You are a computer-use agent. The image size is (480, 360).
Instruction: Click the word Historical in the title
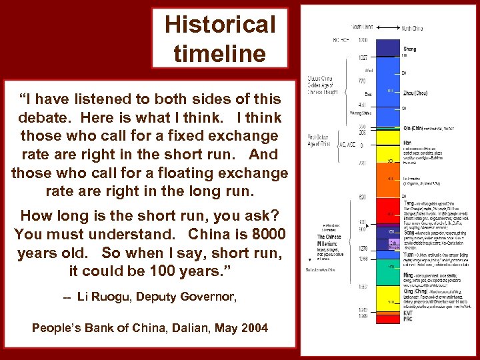219,25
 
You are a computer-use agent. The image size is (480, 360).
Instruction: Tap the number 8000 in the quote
264,235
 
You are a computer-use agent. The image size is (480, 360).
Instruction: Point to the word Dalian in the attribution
191,327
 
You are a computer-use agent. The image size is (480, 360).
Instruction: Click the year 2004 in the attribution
253,327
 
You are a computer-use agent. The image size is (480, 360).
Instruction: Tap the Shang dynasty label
410,49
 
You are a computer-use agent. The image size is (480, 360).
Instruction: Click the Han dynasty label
407,141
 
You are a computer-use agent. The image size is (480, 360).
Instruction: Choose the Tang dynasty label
409,202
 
